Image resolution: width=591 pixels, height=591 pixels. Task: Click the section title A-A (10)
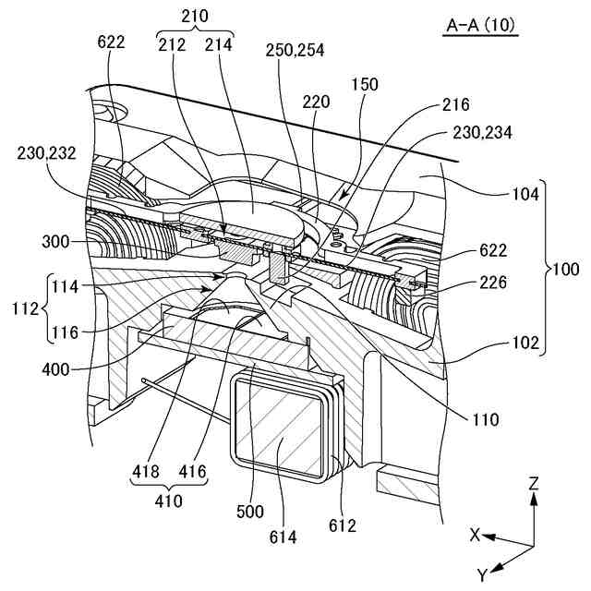tap(481, 28)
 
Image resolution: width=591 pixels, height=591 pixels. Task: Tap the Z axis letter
tap(535, 482)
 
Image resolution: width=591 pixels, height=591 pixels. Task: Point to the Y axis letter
tap(481, 574)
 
